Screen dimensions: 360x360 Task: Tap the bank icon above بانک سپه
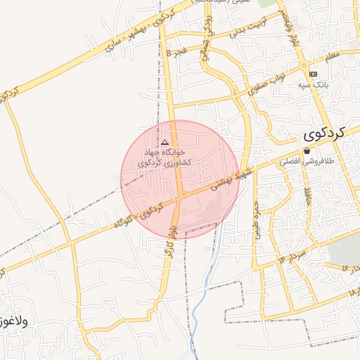pyautogui.click(x=312, y=74)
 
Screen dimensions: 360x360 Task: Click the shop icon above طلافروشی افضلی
pyautogui.click(x=307, y=151)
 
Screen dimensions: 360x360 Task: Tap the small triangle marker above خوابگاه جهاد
pyautogui.click(x=165, y=142)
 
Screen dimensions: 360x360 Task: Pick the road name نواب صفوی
pyautogui.click(x=267, y=82)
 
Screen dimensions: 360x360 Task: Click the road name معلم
pyautogui.click(x=331, y=54)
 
